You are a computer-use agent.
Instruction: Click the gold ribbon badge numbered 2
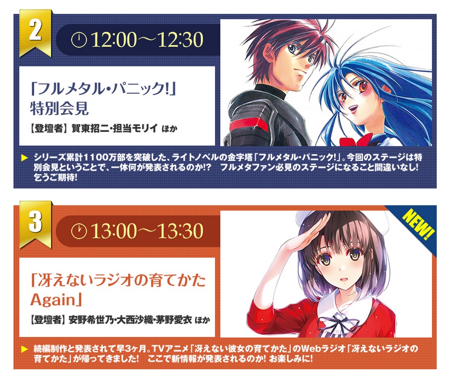coord(35,32)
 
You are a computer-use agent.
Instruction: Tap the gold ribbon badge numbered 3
coord(35,224)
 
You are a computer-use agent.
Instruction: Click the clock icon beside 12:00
coord(79,39)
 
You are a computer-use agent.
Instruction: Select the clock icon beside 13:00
coord(79,231)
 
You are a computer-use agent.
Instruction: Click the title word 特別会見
coord(59,109)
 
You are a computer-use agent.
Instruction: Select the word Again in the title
coord(53,300)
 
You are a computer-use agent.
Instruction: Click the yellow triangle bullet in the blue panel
coord(25,158)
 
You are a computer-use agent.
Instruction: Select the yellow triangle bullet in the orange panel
coord(25,349)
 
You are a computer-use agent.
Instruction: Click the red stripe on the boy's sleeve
coord(250,126)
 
